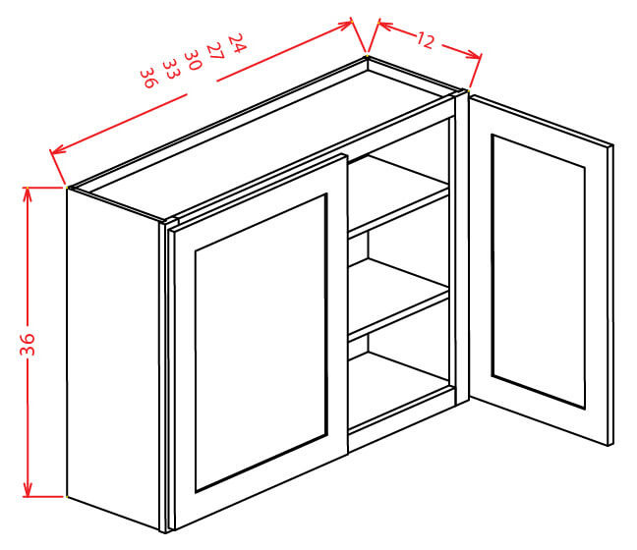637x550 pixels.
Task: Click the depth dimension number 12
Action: tap(425, 41)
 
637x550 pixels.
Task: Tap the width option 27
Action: tap(215, 52)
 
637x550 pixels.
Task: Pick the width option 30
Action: tap(194, 61)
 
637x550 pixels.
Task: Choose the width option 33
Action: tap(170, 70)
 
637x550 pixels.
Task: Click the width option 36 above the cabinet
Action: tap(148, 78)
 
